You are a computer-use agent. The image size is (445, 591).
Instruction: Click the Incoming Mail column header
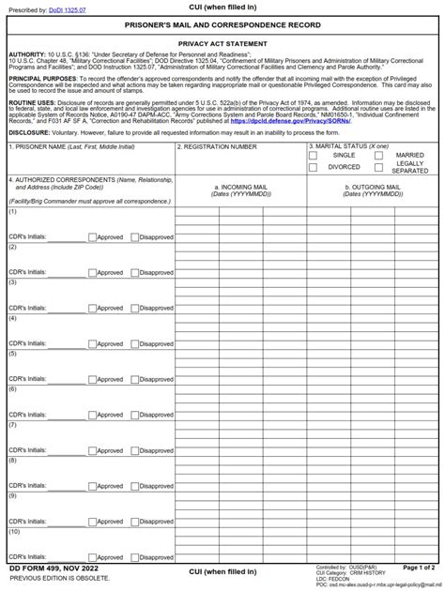point(240,190)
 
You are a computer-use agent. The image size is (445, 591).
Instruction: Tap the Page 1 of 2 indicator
point(419,568)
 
